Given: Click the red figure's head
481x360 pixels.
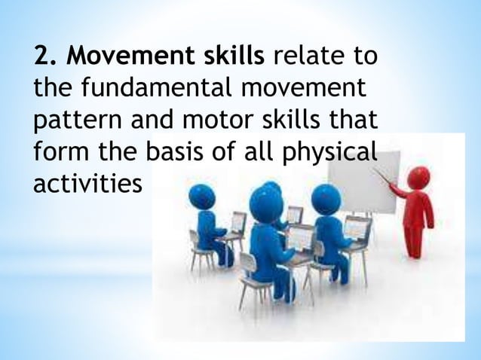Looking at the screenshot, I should [x=418, y=178].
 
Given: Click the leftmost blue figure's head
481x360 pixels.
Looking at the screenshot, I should [x=202, y=198].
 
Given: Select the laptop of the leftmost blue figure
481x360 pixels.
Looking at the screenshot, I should [x=237, y=223].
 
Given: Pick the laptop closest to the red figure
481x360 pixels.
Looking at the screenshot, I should [x=356, y=226].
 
